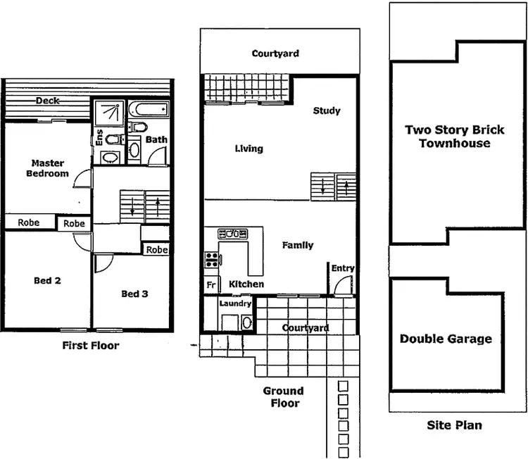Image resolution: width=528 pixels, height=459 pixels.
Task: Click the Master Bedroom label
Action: pos(48,168)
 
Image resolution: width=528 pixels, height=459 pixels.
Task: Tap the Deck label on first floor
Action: pos(48,101)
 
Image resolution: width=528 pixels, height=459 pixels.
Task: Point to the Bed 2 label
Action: pos(47,280)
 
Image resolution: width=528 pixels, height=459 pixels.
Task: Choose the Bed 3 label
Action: pos(134,294)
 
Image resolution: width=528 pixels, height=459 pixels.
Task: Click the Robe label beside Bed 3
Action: pos(157,250)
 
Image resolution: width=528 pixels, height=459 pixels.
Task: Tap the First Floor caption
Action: pos(91,346)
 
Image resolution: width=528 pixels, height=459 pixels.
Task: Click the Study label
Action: pos(327,111)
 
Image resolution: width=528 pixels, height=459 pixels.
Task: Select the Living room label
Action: pos(249,149)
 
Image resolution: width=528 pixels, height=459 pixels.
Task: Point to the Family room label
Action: pos(298,245)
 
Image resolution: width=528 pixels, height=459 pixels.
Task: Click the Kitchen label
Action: pos(246,284)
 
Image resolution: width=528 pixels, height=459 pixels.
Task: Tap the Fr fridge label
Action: pos(210,284)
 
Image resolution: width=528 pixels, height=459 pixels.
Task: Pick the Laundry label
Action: pos(235,303)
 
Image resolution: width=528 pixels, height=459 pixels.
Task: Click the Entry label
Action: pos(343,268)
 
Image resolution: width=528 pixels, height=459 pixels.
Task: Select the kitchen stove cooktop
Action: pos(211,260)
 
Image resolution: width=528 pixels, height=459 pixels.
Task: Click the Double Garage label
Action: pos(446,339)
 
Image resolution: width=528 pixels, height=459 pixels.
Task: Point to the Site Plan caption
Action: pos(454,425)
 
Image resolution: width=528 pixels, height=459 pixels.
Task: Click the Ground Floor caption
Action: pos(283,397)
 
